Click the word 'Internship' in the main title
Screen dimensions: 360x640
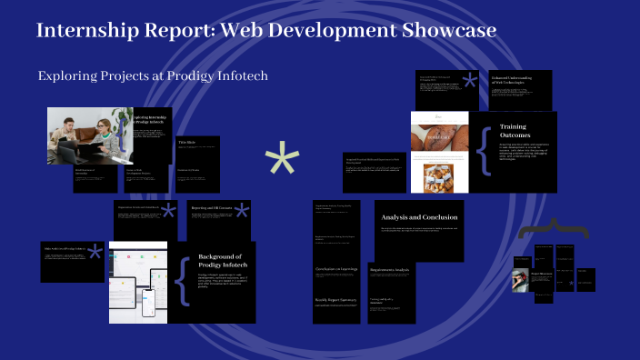coord(86,31)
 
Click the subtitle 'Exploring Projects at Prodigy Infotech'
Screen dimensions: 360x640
coord(153,75)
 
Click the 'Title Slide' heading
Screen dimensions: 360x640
coord(187,143)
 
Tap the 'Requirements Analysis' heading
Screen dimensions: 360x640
coord(390,270)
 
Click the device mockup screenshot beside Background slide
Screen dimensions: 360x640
coord(138,281)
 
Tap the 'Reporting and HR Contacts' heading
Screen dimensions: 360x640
coord(210,208)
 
